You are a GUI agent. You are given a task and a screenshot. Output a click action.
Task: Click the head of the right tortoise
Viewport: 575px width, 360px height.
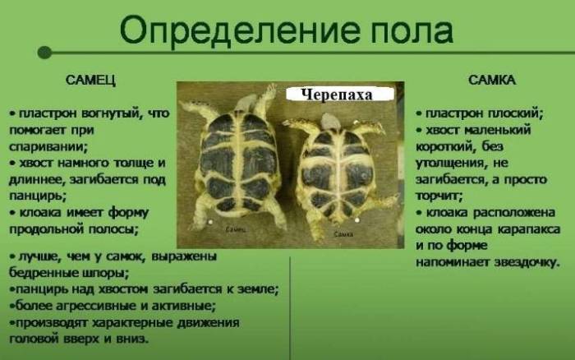pos(332,122)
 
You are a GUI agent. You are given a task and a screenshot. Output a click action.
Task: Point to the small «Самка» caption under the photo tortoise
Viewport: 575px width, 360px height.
pos(344,234)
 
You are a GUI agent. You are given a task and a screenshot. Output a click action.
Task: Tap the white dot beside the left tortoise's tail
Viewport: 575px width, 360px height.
pos(211,221)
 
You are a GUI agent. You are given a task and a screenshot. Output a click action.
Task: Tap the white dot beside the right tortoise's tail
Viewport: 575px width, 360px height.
pos(358,219)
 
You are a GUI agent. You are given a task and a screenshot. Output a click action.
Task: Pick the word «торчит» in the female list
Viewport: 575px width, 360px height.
pos(438,196)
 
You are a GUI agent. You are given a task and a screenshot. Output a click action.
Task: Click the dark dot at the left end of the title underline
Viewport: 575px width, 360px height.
pos(44,52)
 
